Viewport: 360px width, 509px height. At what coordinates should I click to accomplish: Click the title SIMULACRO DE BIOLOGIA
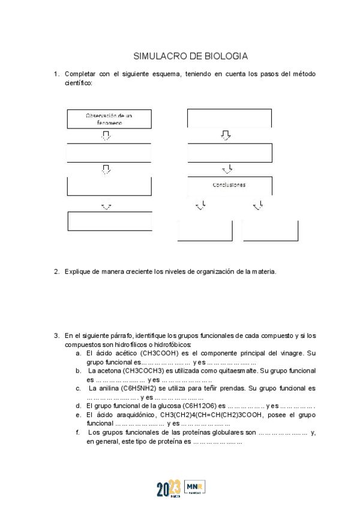[190, 56]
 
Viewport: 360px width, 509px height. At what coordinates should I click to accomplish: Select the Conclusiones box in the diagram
[229, 185]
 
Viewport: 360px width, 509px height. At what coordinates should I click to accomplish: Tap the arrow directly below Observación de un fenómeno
[106, 136]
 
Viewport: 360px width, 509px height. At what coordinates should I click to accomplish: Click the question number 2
[56, 271]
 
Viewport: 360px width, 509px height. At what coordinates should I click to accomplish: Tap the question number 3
[56, 336]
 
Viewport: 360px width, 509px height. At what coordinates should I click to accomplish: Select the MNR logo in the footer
[195, 487]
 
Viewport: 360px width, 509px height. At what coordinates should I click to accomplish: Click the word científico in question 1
[78, 83]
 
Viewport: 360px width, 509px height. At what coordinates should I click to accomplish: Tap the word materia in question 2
[263, 271]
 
